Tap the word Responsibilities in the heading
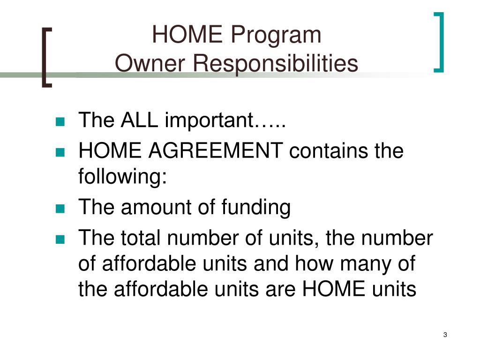[x=271, y=64]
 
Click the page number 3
[x=445, y=335]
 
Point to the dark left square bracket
[x=46, y=57]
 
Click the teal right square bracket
[x=439, y=43]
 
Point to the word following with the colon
[x=123, y=179]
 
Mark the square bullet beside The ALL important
[x=60, y=121]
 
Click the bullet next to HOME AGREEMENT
[x=60, y=152]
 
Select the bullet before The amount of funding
[x=60, y=209]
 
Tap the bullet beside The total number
[x=60, y=240]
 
